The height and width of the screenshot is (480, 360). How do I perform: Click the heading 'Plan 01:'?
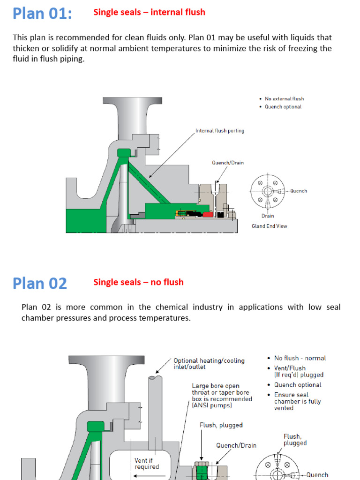pos(42,13)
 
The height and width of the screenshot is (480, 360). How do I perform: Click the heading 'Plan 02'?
pos(40,283)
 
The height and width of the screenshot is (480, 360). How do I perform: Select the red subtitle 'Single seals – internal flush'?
pos(149,12)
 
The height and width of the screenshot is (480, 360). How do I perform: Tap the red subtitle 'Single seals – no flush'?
pos(138,282)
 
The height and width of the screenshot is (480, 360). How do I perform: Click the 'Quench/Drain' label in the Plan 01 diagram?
pos(228,163)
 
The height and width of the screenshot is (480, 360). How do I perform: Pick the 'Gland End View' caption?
pos(269,226)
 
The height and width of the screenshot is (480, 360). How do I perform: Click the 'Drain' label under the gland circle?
pos(268,216)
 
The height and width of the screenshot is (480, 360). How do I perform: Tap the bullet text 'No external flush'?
pos(284,99)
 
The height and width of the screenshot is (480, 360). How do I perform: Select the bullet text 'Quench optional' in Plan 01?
pos(283,107)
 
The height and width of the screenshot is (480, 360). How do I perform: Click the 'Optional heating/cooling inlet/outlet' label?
pos(209,364)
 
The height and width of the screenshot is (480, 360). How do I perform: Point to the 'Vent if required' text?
pos(147,464)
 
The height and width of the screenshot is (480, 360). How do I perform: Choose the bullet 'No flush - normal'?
pos(300,358)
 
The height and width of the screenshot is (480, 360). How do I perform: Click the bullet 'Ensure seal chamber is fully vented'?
pos(298,401)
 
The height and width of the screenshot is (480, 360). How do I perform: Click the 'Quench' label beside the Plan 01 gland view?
pos(299,191)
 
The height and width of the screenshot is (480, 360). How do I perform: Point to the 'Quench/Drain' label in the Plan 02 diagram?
pos(236,445)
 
